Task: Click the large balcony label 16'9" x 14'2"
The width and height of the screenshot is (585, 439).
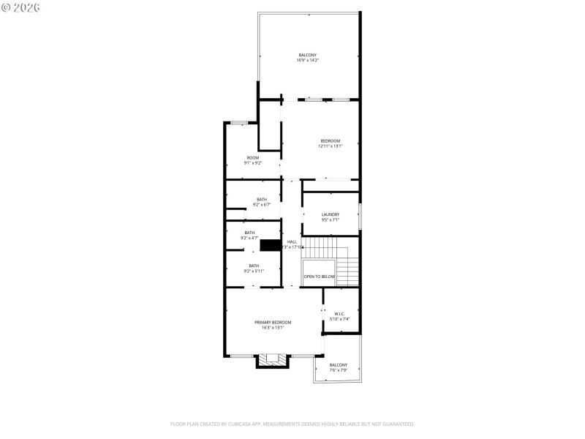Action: coord(308,58)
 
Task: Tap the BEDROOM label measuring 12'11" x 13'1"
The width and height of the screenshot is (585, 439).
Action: coord(330,143)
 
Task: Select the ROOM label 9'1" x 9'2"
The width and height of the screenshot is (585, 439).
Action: coord(253,160)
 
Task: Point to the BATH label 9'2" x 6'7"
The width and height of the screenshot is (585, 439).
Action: coord(261,202)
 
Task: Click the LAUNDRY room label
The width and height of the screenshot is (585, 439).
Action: coord(331,217)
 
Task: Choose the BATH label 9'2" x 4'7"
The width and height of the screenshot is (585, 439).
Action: coord(249,235)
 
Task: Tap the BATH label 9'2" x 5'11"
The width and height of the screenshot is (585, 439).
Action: coord(253,269)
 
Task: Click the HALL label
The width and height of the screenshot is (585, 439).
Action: coord(292,244)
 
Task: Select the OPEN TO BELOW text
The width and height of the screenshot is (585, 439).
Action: coord(320,277)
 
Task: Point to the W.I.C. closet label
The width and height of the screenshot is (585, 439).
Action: coord(341,316)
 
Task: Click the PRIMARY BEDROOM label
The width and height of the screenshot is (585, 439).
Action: coord(273,325)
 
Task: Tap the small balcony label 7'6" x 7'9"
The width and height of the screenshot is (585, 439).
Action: coord(338,367)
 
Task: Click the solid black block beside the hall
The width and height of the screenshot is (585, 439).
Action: coord(271,246)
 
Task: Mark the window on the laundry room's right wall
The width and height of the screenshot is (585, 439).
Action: coord(360,217)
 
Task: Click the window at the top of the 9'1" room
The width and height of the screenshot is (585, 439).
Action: coord(238,122)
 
